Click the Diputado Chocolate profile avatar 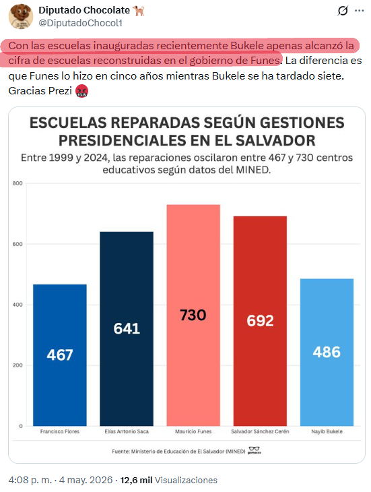point(21,16)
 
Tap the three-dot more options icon point(359,11)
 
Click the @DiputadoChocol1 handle point(81,23)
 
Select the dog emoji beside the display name point(139,11)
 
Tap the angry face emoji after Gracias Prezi point(81,91)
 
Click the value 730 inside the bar point(193,315)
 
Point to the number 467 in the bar point(60,355)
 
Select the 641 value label point(127,328)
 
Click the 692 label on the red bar point(260,321)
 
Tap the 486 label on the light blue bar point(327,352)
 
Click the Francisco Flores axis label point(60,431)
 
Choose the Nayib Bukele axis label point(327,431)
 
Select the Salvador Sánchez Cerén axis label point(260,431)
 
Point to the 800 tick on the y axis point(18,183)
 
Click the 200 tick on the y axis point(18,365)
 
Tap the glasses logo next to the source point(254,450)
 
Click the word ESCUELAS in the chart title point(68,123)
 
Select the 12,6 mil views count point(136,480)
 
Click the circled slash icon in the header point(343,11)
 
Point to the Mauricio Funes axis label point(193,431)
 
